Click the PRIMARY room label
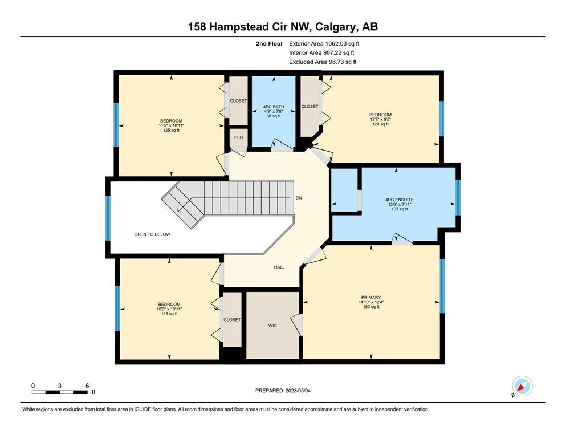click(x=370, y=298)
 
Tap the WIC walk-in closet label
click(x=272, y=325)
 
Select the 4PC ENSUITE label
click(x=399, y=200)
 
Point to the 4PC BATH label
click(x=274, y=107)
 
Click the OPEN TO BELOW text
click(x=152, y=234)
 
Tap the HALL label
click(x=279, y=267)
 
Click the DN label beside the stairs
click(x=299, y=198)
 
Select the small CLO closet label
click(x=239, y=137)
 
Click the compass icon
click(x=522, y=386)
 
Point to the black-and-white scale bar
click(x=59, y=392)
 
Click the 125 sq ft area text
click(x=171, y=131)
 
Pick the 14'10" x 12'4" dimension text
click(x=371, y=302)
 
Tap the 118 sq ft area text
click(x=169, y=314)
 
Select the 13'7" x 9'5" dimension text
click(x=380, y=120)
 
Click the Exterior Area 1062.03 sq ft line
click(x=324, y=44)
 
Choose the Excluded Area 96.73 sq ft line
click(x=323, y=62)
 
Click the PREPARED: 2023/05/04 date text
click(x=283, y=391)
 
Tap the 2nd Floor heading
click(x=269, y=44)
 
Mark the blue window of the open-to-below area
click(x=108, y=218)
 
